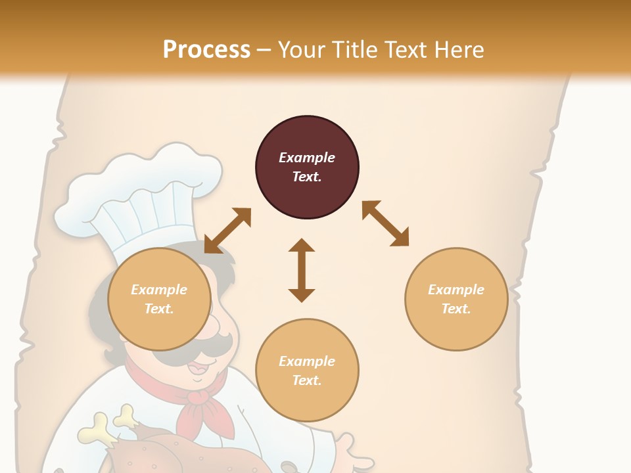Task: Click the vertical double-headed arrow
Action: coord(302,270)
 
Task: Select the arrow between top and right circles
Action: coord(385,223)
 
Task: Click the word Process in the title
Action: coord(206,49)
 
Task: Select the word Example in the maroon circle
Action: coord(307,158)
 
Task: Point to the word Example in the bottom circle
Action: coord(307,361)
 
